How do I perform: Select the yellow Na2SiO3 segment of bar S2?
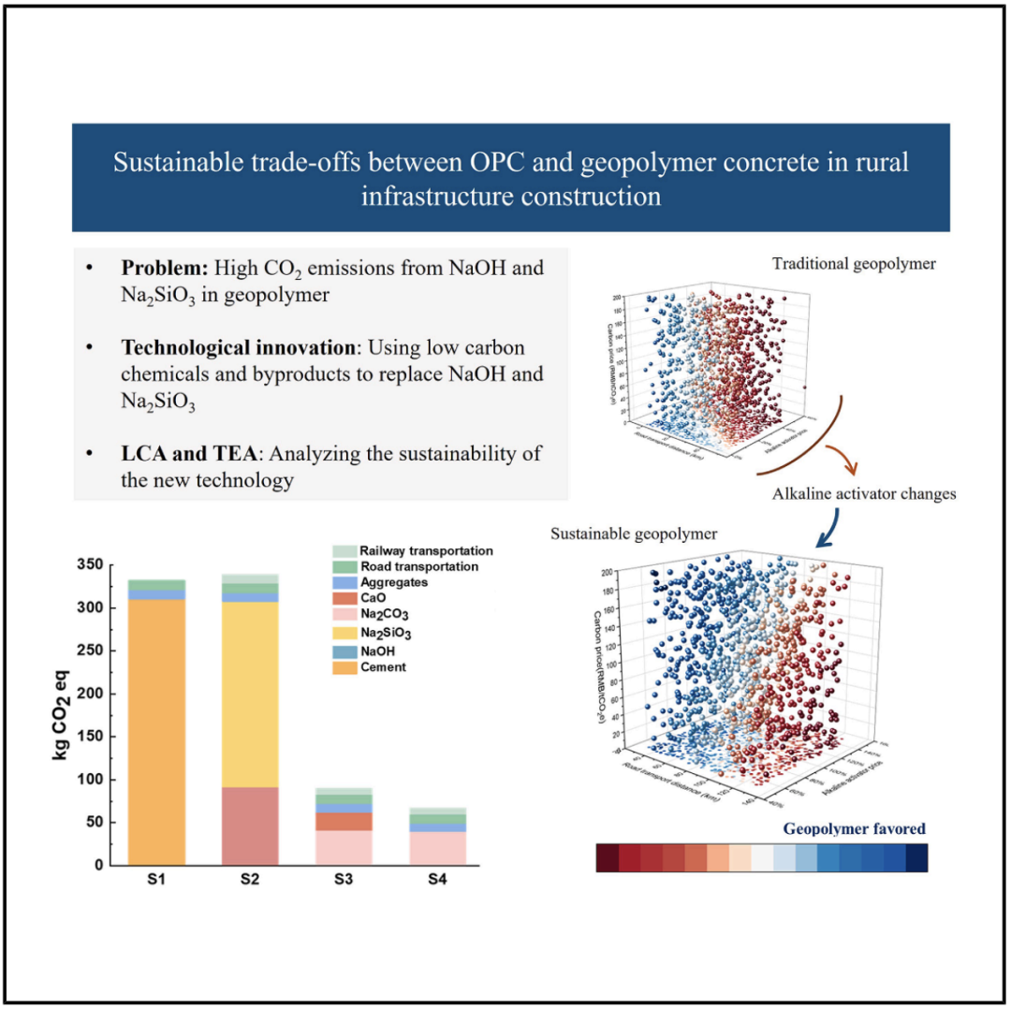[250, 693]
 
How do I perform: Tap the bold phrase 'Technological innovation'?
[238, 348]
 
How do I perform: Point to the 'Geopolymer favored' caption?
[854, 828]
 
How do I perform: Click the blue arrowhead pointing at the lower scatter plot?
[823, 541]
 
